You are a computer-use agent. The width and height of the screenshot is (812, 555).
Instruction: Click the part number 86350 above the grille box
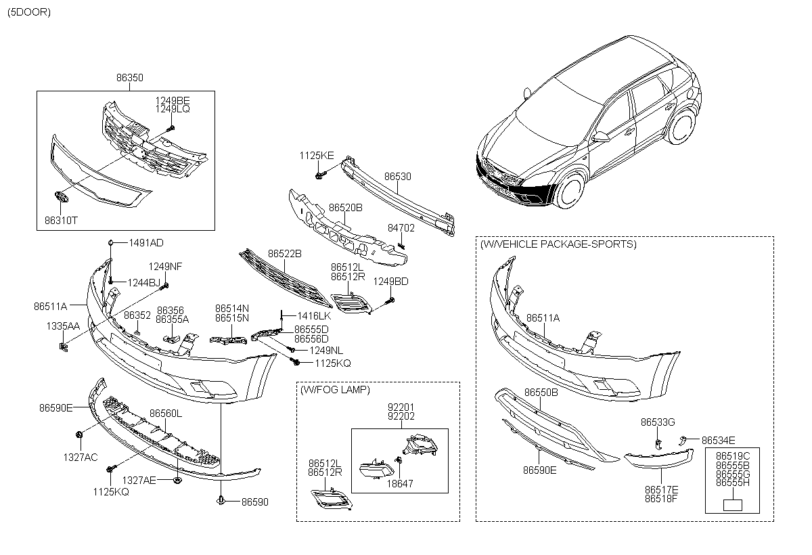pos(129,79)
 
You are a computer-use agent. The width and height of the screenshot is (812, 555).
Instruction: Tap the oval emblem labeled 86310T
pos(58,197)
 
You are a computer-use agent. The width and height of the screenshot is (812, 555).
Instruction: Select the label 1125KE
pos(317,156)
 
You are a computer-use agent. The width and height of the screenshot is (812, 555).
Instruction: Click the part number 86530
pos(398,177)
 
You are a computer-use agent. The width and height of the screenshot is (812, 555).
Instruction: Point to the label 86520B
pos(346,207)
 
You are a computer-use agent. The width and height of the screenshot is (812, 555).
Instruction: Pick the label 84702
pos(401,229)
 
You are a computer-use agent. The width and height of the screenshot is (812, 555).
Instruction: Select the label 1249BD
pos(391,281)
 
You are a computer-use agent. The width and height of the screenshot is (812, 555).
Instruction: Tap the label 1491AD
pos(147,242)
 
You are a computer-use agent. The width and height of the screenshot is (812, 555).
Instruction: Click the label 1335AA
pos(63,326)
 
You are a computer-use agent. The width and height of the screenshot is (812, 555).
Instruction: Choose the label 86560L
pos(166,413)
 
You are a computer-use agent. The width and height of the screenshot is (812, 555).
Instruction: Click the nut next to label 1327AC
pos(80,433)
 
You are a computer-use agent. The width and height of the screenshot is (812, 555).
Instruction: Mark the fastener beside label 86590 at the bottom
pos(222,502)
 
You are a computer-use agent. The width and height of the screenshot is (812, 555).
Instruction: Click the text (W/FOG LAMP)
pos(336,390)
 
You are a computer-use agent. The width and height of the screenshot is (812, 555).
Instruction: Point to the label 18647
pos(399,484)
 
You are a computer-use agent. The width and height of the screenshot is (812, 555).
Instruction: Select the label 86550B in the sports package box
pos(541,393)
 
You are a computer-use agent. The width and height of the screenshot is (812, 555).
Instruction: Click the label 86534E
pos(718,439)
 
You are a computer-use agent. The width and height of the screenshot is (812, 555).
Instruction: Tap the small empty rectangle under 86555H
pos(732,505)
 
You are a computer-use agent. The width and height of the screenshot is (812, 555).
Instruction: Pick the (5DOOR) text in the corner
pos(28,12)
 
